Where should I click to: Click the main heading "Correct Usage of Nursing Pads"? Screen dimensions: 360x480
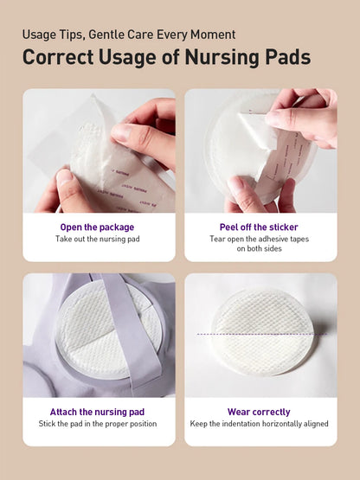pyautogui.click(x=167, y=57)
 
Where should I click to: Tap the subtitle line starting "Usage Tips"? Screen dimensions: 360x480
pyautogui.click(x=129, y=35)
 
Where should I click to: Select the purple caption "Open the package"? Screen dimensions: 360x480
pyautogui.click(x=97, y=227)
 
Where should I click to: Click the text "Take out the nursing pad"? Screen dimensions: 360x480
pyautogui.click(x=98, y=239)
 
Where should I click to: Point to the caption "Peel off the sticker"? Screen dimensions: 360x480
pyautogui.click(x=259, y=227)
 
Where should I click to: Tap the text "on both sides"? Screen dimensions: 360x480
pyautogui.click(x=260, y=248)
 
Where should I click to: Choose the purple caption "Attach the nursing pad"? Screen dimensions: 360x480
pyautogui.click(x=97, y=412)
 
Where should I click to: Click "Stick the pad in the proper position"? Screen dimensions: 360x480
pyautogui.click(x=98, y=424)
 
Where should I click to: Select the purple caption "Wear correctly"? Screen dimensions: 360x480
pyautogui.click(x=259, y=412)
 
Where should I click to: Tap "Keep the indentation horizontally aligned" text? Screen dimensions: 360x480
pyautogui.click(x=260, y=424)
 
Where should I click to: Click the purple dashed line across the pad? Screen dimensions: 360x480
pyautogui.click(x=262, y=334)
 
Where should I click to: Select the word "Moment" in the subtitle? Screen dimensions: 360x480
pyautogui.click(x=213, y=35)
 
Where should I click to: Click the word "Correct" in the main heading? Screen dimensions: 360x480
pyautogui.click(x=58, y=57)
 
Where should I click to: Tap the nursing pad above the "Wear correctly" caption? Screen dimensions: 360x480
pyautogui.click(x=261, y=333)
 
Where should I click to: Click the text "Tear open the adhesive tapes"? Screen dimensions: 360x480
pyautogui.click(x=260, y=239)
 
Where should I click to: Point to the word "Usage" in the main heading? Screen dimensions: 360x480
pyautogui.click(x=127, y=58)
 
